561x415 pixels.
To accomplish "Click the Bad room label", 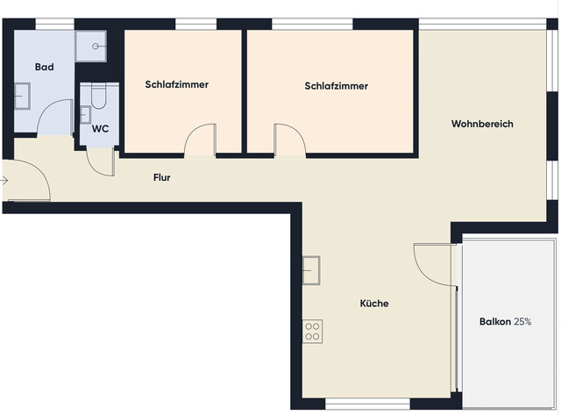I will (x=44, y=67).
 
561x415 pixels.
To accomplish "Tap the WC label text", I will (x=101, y=129).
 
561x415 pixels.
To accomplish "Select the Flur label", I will (x=161, y=178).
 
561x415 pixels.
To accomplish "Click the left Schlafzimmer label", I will (x=176, y=85).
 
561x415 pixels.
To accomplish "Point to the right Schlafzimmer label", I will (x=336, y=86).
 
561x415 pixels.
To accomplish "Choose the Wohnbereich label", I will (x=482, y=124).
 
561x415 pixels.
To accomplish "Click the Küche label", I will (x=373, y=304).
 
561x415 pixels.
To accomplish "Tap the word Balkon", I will (x=495, y=322).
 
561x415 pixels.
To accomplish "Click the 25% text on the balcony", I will (x=522, y=322).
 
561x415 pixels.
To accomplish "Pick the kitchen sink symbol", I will (x=312, y=269).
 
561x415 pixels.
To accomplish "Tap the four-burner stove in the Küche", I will (x=312, y=331).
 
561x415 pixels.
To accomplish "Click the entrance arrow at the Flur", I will (x=4, y=181).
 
